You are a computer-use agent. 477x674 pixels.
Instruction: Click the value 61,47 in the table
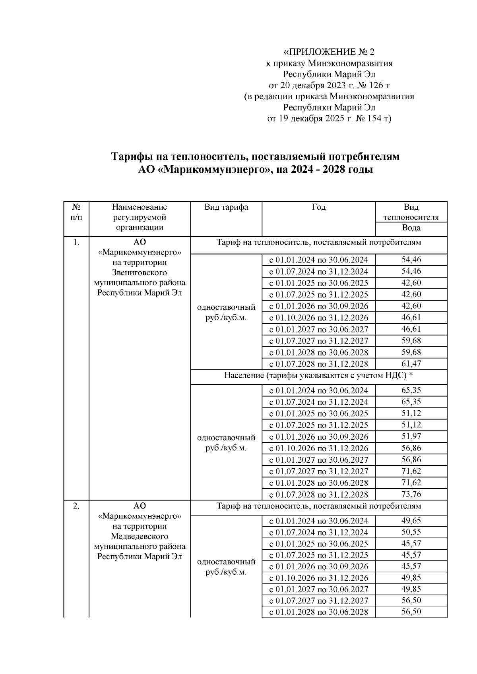pos(411,363)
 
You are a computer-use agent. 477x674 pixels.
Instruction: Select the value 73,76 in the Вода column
pos(411,494)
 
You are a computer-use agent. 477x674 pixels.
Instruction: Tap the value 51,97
pos(411,436)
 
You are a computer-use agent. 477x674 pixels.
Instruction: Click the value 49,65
pos(411,521)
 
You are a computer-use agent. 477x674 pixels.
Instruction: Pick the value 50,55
pos(411,532)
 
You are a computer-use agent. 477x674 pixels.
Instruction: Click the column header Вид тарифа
pos(226,207)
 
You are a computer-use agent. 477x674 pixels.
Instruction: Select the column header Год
pos(318,207)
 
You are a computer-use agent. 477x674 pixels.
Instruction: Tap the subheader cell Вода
pos(411,228)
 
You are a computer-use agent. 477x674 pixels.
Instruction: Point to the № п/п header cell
pos(77,212)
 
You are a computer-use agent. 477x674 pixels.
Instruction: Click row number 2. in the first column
pos(76,506)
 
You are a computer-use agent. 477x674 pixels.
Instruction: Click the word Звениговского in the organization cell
pos(140,272)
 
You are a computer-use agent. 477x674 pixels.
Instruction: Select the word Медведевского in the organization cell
pos(140,536)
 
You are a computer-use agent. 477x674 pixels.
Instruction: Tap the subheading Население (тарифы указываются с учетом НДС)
pos(316,375)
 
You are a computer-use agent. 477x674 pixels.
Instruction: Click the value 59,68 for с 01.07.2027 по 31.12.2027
pos(411,340)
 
